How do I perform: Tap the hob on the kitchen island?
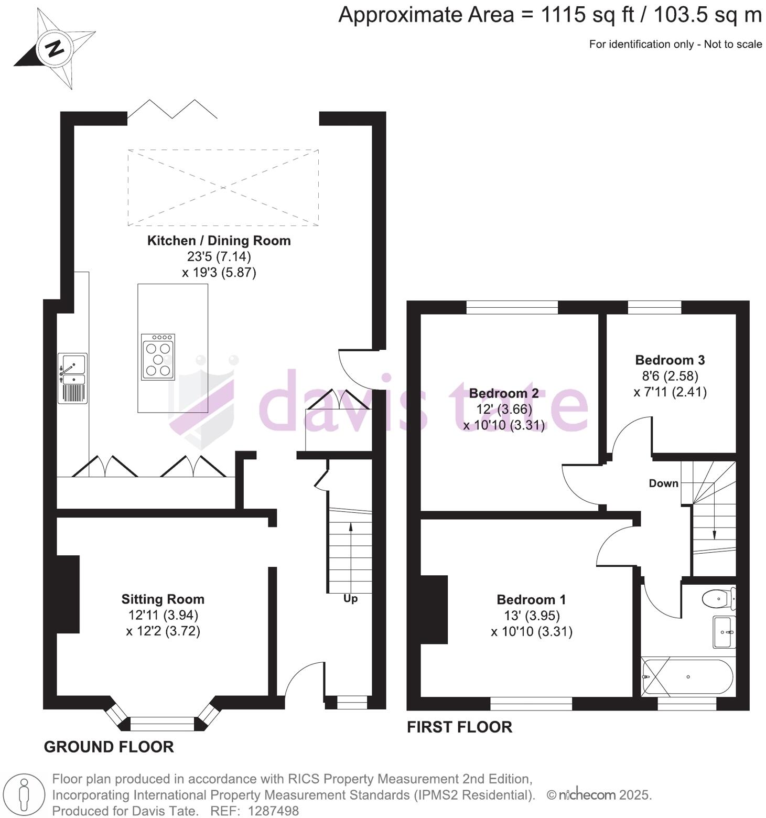(158, 357)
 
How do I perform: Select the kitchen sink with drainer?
(72, 378)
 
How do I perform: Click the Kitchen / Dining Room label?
(219, 241)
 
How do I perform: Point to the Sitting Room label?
(163, 599)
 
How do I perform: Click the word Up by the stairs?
(350, 598)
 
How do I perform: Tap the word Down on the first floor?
(663, 483)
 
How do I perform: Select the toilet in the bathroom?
(718, 598)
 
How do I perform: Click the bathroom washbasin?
(724, 632)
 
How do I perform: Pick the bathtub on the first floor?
(687, 677)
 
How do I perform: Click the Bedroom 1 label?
(531, 599)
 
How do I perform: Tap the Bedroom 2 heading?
(503, 393)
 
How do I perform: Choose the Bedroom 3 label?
(670, 360)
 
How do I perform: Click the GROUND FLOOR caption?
(109, 747)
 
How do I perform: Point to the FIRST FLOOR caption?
(459, 727)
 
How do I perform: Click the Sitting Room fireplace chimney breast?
(68, 594)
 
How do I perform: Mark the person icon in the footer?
(24, 795)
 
